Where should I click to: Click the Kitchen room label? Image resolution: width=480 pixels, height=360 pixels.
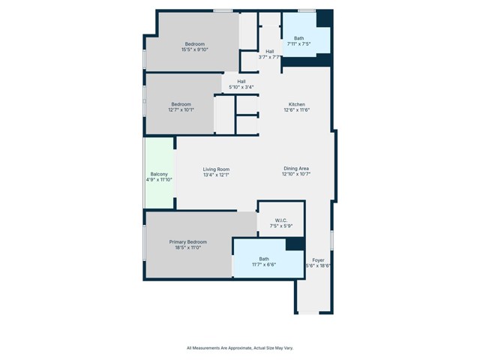tap(297, 104)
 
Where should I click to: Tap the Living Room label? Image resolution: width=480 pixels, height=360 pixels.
tap(216, 169)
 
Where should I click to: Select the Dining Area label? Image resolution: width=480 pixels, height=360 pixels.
tap(297, 169)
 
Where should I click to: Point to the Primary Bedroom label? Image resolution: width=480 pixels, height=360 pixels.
tap(187, 241)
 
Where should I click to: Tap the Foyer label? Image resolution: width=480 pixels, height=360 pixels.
tap(319, 259)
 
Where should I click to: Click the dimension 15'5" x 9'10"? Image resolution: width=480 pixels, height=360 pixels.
tap(195, 50)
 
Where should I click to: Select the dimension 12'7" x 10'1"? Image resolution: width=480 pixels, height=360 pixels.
tap(181, 110)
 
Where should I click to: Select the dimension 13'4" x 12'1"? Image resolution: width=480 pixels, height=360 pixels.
tap(216, 175)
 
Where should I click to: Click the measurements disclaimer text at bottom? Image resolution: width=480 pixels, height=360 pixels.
tap(239, 348)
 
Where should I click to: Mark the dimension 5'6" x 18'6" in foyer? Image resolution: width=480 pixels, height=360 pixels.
tap(319, 265)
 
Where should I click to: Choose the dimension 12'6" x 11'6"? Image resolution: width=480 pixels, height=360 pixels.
tap(297, 110)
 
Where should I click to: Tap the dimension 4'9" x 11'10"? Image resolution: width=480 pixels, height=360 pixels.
tap(159, 180)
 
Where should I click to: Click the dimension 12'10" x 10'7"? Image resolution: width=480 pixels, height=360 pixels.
tap(297, 175)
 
